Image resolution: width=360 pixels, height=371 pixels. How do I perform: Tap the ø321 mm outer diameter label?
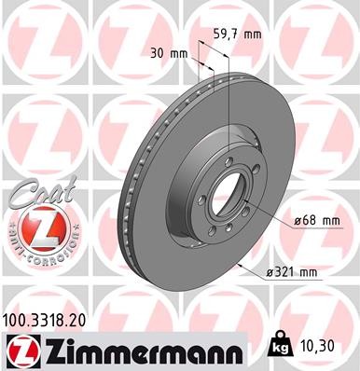pyautogui.click(x=293, y=272)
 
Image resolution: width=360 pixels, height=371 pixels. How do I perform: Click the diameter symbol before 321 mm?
pyautogui.click(x=270, y=272)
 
